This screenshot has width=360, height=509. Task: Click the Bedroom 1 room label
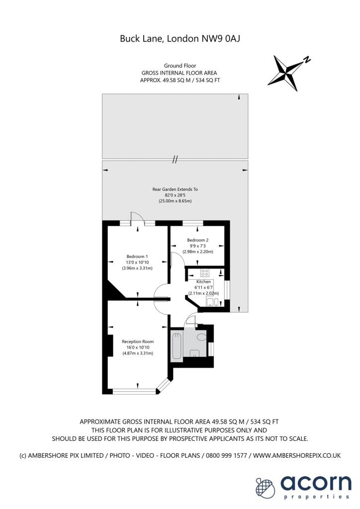[x=137, y=256]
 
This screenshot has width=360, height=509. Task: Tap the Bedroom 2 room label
[x=198, y=240]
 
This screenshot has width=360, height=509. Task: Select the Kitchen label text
[x=203, y=282]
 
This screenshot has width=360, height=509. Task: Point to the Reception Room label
[x=138, y=341]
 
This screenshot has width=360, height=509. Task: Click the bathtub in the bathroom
[x=177, y=346]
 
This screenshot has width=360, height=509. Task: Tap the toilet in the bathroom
[x=201, y=337]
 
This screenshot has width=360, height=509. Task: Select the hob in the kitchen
[x=204, y=272]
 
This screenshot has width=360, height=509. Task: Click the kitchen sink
[x=212, y=302]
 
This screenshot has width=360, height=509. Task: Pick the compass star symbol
[x=286, y=73]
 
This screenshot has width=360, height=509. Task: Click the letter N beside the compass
[x=307, y=60]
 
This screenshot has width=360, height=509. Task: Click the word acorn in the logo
[x=316, y=483]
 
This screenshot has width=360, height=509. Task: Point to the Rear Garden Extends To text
[x=175, y=189]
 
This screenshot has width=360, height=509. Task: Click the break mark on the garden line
[x=175, y=160]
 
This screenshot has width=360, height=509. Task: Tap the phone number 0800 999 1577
[x=225, y=455]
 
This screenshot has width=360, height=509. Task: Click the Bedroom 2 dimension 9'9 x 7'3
[x=198, y=246]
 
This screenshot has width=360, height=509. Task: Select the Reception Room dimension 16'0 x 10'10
[x=138, y=347]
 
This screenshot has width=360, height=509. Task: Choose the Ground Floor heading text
[x=180, y=66]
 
